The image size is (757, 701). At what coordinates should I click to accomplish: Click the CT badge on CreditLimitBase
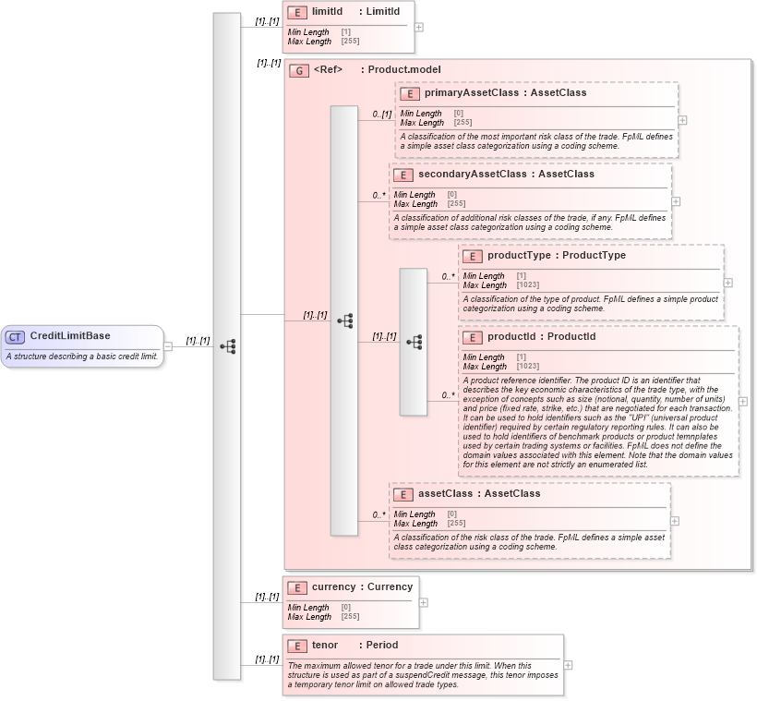click(16, 336)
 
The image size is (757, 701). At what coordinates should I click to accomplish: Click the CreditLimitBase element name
click(69, 336)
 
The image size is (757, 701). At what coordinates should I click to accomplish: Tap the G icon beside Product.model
click(299, 70)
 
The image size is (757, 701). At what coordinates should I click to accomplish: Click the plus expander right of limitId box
click(419, 27)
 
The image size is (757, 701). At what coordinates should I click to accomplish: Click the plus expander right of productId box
click(743, 402)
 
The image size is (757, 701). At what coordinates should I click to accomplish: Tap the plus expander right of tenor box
click(568, 665)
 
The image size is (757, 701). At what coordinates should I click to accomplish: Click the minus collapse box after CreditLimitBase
click(168, 346)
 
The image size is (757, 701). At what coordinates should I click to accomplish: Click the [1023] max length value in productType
click(528, 285)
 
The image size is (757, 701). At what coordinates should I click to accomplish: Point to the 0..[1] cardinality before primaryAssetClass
click(382, 115)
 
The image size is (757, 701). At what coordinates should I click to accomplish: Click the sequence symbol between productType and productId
click(414, 342)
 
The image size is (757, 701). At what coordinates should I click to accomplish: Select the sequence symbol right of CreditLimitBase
click(227, 346)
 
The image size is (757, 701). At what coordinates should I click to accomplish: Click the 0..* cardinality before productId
click(448, 395)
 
